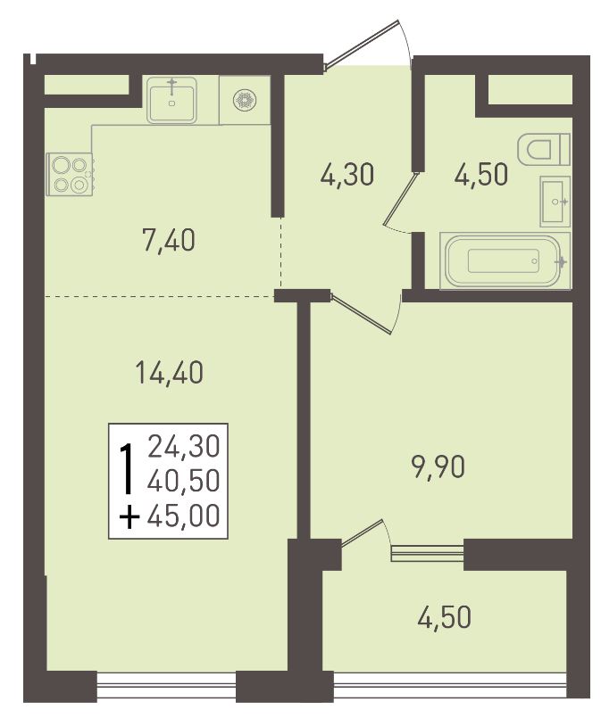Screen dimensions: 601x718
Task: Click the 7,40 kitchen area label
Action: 169,240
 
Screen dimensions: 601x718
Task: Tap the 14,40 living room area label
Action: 169,372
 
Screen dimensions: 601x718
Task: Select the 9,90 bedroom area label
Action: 439,467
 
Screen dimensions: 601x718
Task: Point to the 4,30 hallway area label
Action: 347,175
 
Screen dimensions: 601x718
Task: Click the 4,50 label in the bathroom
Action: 481,175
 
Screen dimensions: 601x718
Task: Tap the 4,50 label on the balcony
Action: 444,617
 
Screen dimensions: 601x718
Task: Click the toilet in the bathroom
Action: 544,149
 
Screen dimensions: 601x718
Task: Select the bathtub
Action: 505,260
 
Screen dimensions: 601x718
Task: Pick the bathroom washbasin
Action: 555,202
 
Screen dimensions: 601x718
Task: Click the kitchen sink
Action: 172,100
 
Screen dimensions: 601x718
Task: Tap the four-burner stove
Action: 71,174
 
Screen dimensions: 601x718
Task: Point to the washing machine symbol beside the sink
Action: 245,100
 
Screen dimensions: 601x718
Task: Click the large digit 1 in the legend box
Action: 127,469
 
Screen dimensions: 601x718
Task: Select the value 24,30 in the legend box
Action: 184,447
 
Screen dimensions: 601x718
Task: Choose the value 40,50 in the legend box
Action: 184,482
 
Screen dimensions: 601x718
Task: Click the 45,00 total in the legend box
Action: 184,516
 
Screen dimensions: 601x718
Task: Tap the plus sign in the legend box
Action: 129,518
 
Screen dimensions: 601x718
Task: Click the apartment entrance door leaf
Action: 363,45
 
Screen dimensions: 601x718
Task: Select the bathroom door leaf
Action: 400,199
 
